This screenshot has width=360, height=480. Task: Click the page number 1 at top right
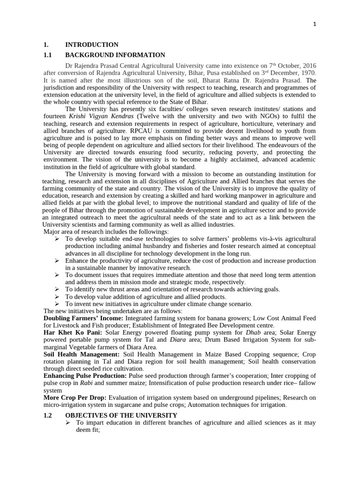pyautogui.click(x=315, y=25)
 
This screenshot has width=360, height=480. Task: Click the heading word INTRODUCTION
pyautogui.click(x=91, y=45)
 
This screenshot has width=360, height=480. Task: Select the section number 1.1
pyautogui.click(x=48, y=55)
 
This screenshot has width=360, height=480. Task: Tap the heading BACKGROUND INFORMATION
pyautogui.click(x=115, y=55)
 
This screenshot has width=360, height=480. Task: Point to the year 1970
pyautogui.click(x=307, y=73)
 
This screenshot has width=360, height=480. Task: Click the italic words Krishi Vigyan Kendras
pyautogui.click(x=98, y=116)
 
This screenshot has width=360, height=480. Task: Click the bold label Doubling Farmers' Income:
pyautogui.click(x=83, y=318)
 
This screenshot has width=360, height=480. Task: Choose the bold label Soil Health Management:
pyautogui.click(x=81, y=354)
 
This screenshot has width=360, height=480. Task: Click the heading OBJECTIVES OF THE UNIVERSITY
pyautogui.click(x=121, y=415)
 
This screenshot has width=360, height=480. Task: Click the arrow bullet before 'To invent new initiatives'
pyautogui.click(x=57, y=304)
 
